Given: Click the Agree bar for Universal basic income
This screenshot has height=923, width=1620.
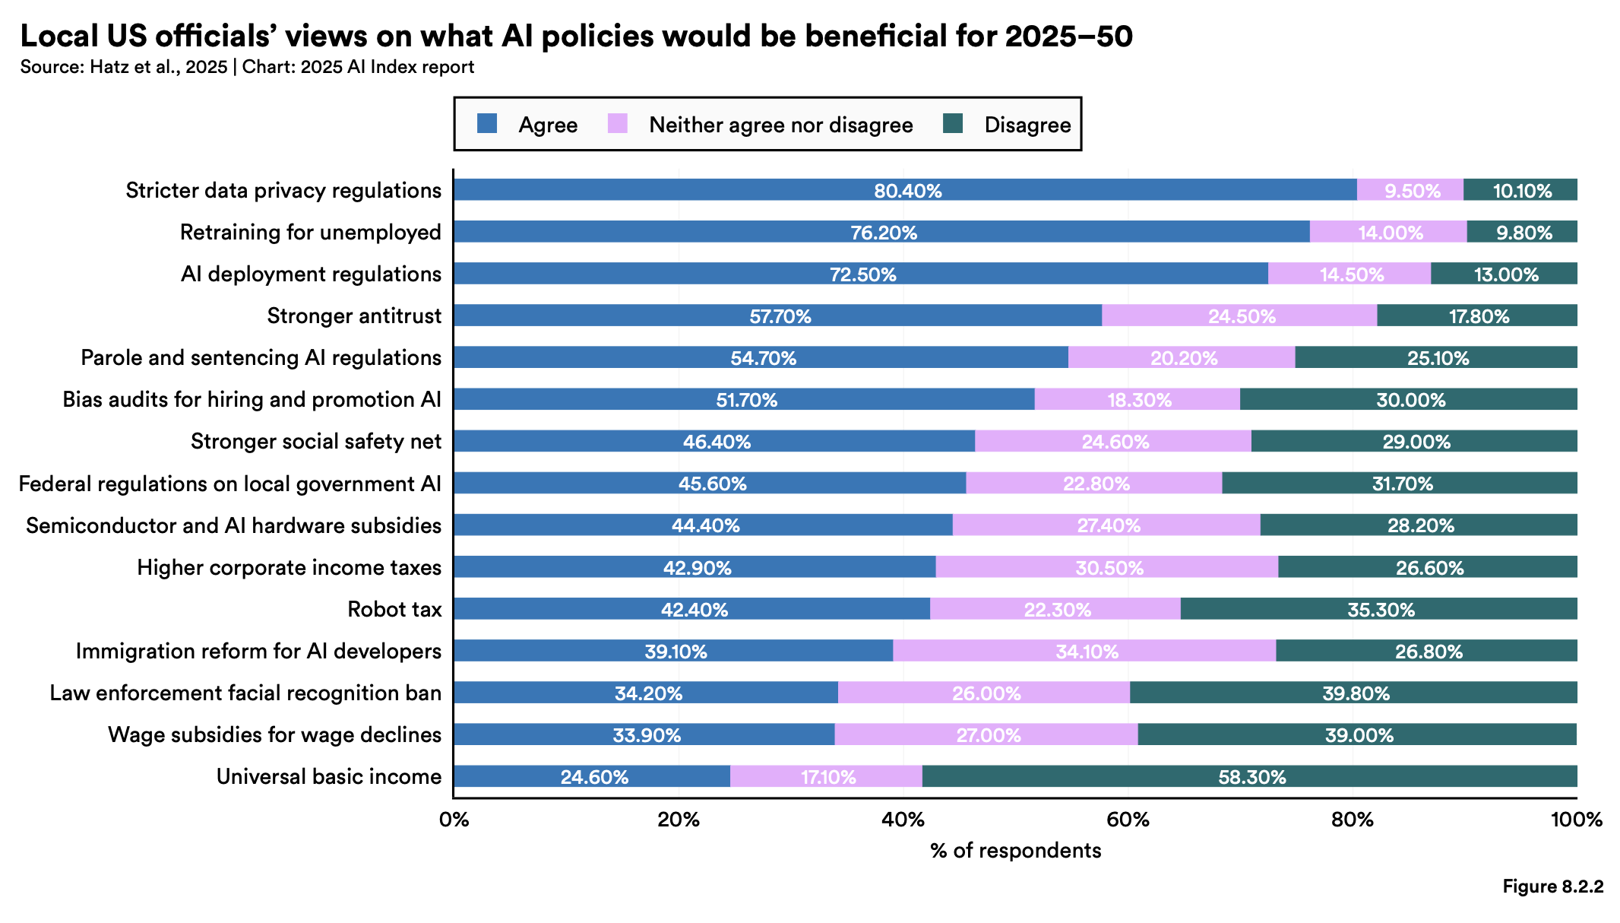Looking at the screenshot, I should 593,776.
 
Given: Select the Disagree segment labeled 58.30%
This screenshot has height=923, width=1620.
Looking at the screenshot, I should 1251,776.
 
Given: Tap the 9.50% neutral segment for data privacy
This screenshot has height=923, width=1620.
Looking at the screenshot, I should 1411,190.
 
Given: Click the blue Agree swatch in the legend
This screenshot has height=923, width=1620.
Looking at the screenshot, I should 487,124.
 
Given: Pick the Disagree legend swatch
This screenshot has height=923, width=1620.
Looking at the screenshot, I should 953,124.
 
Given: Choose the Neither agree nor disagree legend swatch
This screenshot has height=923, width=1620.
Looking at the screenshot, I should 618,124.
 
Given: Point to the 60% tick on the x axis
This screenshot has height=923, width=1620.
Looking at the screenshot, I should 1128,820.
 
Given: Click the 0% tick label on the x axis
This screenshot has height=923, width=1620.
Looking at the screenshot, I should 454,820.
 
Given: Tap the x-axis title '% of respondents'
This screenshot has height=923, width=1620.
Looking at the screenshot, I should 1015,850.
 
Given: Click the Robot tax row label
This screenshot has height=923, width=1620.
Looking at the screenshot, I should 394,609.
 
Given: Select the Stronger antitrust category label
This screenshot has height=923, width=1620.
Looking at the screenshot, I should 354,316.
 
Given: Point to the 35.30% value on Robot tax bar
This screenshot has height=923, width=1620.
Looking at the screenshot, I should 1381,609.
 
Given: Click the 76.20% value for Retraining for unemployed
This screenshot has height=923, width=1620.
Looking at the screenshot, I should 884,232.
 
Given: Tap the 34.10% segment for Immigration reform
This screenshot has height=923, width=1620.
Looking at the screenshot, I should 1087,651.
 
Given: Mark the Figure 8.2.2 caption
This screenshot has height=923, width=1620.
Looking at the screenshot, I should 1552,887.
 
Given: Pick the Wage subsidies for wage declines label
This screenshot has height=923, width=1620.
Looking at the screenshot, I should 274,734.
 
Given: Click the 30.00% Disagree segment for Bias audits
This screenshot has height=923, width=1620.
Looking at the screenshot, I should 1410,399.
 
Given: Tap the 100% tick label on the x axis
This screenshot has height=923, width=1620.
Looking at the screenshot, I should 1576,820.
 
